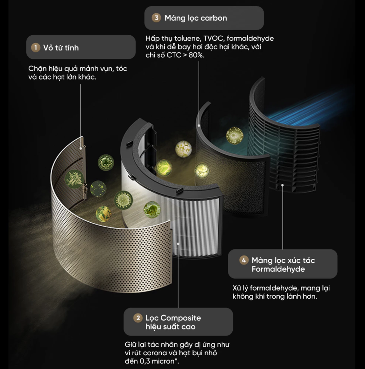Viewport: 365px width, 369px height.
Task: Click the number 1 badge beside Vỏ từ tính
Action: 36,48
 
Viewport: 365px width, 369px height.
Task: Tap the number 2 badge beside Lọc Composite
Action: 138,318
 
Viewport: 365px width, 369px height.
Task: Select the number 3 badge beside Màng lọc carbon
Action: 156,18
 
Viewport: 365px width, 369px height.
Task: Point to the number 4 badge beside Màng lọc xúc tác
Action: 244,260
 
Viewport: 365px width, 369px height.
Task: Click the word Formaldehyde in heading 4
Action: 278,269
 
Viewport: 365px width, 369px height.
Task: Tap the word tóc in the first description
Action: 121,68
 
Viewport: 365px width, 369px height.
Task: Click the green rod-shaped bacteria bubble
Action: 74,179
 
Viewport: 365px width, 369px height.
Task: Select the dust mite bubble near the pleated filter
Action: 152,209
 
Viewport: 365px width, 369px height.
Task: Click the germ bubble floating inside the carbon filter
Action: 235,135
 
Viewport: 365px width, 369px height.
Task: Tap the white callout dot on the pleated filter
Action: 178,244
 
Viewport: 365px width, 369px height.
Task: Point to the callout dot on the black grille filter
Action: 282,185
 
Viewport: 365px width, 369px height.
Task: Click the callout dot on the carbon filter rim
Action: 199,125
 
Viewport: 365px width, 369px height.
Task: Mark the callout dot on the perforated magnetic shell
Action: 81,148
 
